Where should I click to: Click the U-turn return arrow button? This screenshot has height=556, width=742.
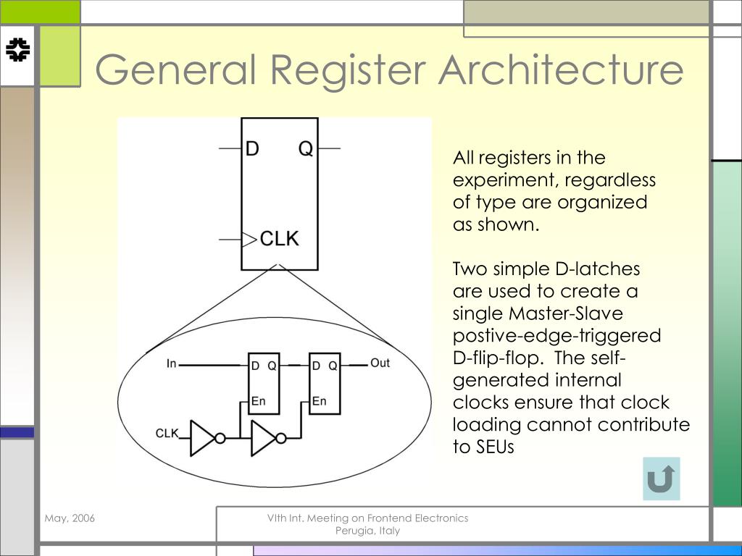point(661,479)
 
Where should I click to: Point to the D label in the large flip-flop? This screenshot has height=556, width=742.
point(252,149)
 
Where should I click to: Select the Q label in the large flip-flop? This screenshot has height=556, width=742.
point(306,149)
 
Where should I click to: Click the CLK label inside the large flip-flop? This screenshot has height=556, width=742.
point(280,238)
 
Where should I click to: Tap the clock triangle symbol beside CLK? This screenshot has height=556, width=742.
point(249,238)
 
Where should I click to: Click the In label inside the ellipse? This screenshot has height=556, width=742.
point(172,363)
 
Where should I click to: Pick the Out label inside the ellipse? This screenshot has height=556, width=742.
point(380,363)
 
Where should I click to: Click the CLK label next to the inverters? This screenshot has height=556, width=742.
point(167,433)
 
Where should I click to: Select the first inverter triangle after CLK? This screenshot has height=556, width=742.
point(202,438)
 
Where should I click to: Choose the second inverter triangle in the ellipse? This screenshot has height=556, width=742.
point(263,438)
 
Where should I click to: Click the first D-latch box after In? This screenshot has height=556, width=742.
point(264,384)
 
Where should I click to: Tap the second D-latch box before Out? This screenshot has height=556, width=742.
point(325,384)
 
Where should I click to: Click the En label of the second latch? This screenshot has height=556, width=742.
point(319,401)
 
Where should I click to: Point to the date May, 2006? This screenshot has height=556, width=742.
point(70,518)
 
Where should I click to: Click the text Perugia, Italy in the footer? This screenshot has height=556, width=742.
point(367,531)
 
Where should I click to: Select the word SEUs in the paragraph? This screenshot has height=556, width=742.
point(495,447)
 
